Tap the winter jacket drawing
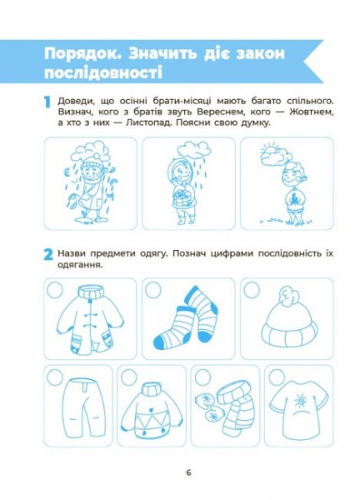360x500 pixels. click(88, 322)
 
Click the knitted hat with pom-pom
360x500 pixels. click(289, 321)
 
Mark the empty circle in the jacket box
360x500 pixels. click(56, 288)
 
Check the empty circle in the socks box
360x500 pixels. click(154, 288)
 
